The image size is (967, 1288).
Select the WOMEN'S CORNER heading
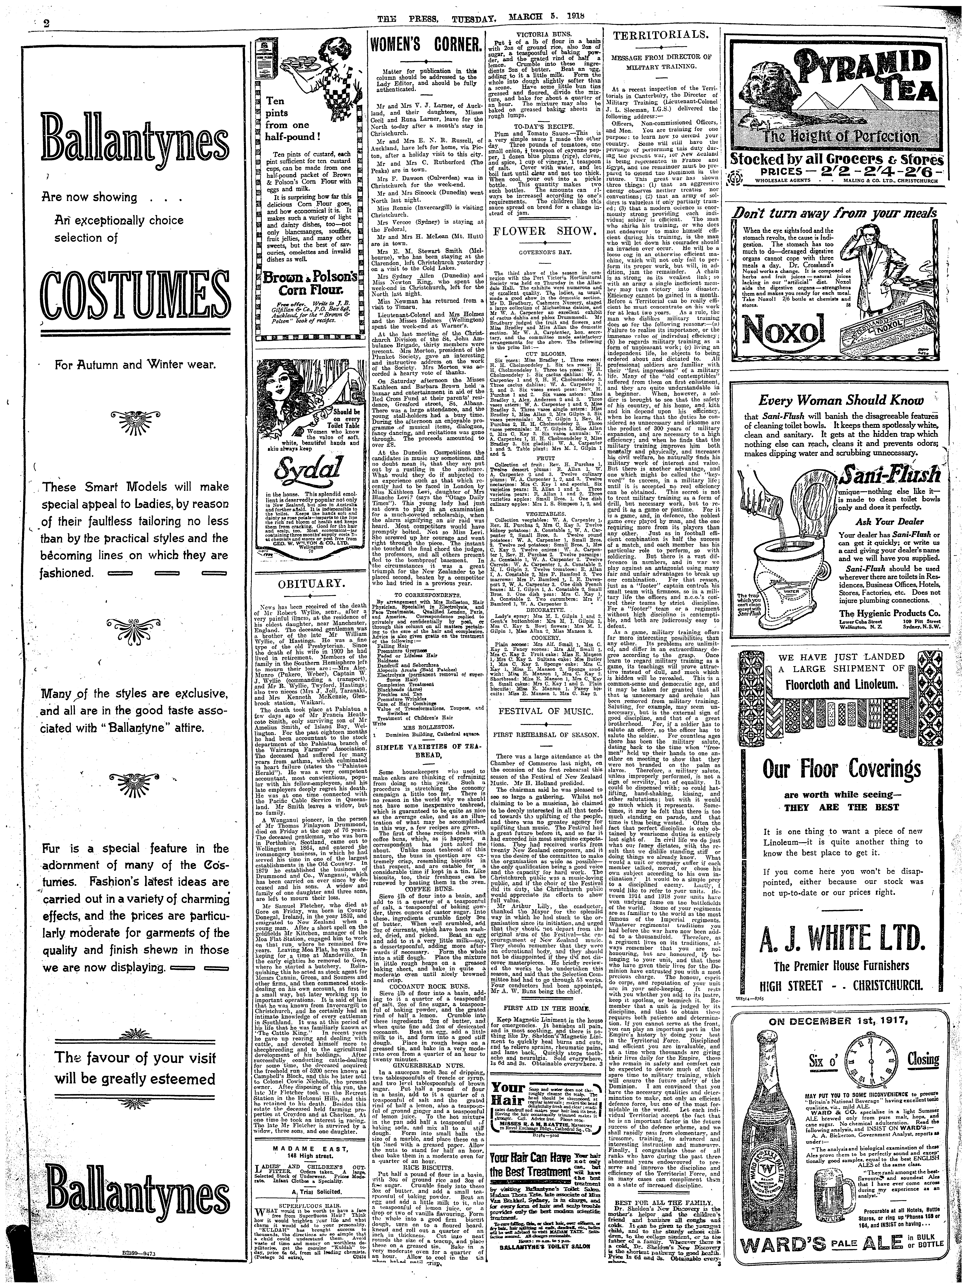click(x=426, y=45)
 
